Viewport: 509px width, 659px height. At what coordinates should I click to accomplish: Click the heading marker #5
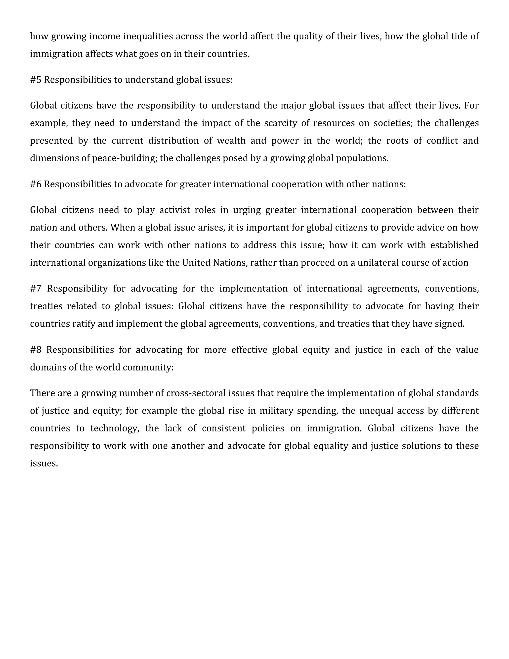click(x=36, y=80)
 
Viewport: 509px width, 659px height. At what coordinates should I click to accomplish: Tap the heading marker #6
click(x=36, y=184)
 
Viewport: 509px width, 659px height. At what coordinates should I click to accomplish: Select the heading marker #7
click(x=36, y=289)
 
